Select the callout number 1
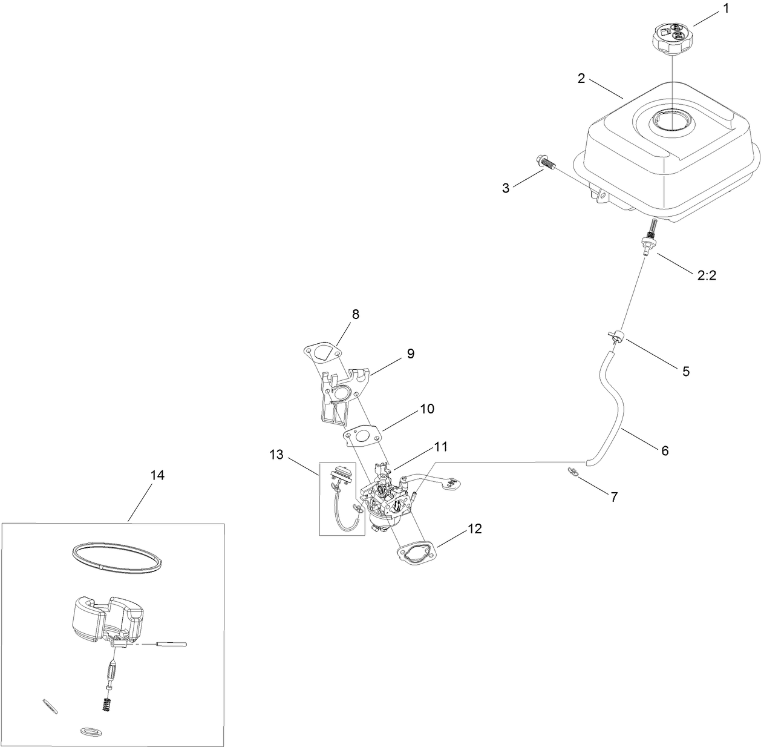pyautogui.click(x=726, y=10)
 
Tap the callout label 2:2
pyautogui.click(x=707, y=275)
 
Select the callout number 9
pyautogui.click(x=410, y=354)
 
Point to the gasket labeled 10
pyautogui.click(x=361, y=436)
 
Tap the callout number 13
pyautogui.click(x=276, y=455)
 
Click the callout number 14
pyautogui.click(x=157, y=475)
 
